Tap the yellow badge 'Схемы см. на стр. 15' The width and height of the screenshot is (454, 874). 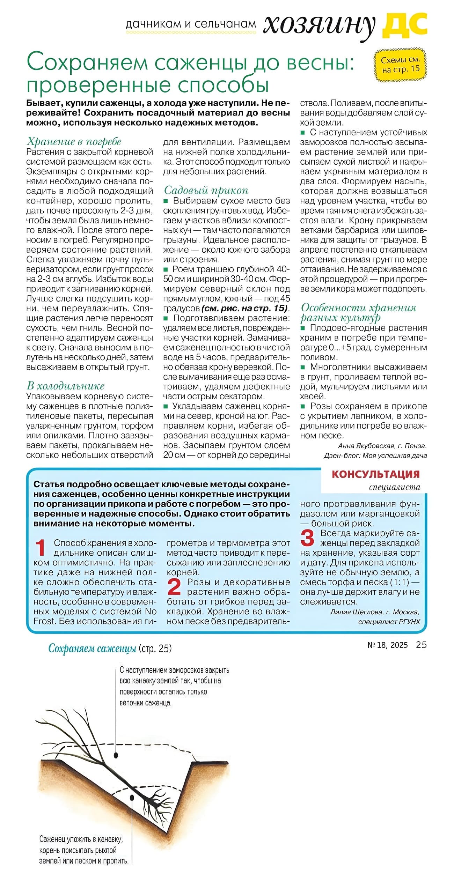click(401, 65)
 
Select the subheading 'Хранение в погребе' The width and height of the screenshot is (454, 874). click(74, 141)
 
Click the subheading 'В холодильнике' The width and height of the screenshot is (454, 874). click(66, 386)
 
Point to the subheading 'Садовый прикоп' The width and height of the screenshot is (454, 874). click(206, 190)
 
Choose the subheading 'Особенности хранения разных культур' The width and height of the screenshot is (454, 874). click(358, 312)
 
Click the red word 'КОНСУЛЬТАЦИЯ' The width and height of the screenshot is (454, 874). click(375, 474)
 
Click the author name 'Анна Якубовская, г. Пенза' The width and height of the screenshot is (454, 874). click(382, 446)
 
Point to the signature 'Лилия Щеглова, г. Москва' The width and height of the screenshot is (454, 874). click(374, 612)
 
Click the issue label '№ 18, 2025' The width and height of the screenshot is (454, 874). click(387, 645)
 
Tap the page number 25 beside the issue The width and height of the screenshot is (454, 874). click(421, 645)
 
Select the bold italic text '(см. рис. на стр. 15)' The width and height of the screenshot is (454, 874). click(245, 309)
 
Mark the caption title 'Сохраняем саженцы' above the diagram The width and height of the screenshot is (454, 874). click(92, 649)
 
